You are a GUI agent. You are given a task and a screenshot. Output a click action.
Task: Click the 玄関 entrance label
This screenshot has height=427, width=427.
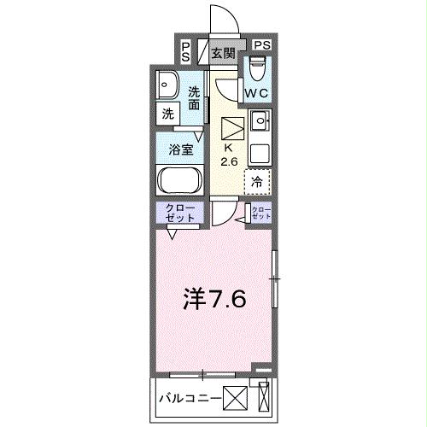pos(223,52)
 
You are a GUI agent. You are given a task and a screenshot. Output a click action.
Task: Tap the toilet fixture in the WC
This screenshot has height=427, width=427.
pos(257,67)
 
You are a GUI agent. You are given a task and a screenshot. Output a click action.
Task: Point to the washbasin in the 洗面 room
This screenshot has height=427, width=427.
pos(167,84)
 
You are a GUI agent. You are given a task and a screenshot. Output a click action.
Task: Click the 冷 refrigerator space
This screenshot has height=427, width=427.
pos(257,181)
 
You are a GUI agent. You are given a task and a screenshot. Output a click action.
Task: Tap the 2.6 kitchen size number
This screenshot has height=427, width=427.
pos(230,161)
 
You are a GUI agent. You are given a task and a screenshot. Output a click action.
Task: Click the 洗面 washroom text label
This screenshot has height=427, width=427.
pos(196,98)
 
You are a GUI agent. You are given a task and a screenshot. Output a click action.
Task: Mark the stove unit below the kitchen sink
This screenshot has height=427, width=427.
pos(259,152)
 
